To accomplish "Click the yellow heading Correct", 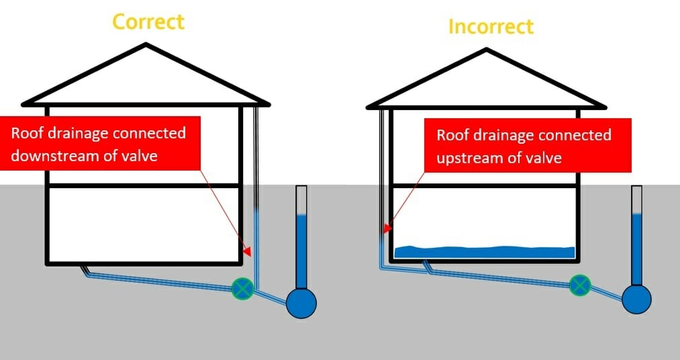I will (148, 21).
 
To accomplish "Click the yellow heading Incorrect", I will (491, 27).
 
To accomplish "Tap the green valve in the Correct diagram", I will (242, 289).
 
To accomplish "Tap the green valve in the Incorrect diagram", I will (579, 285).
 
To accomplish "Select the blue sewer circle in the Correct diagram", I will (301, 303).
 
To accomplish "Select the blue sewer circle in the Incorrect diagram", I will (636, 298).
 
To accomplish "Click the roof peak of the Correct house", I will (146, 45).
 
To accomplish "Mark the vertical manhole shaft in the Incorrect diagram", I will (636, 235).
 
